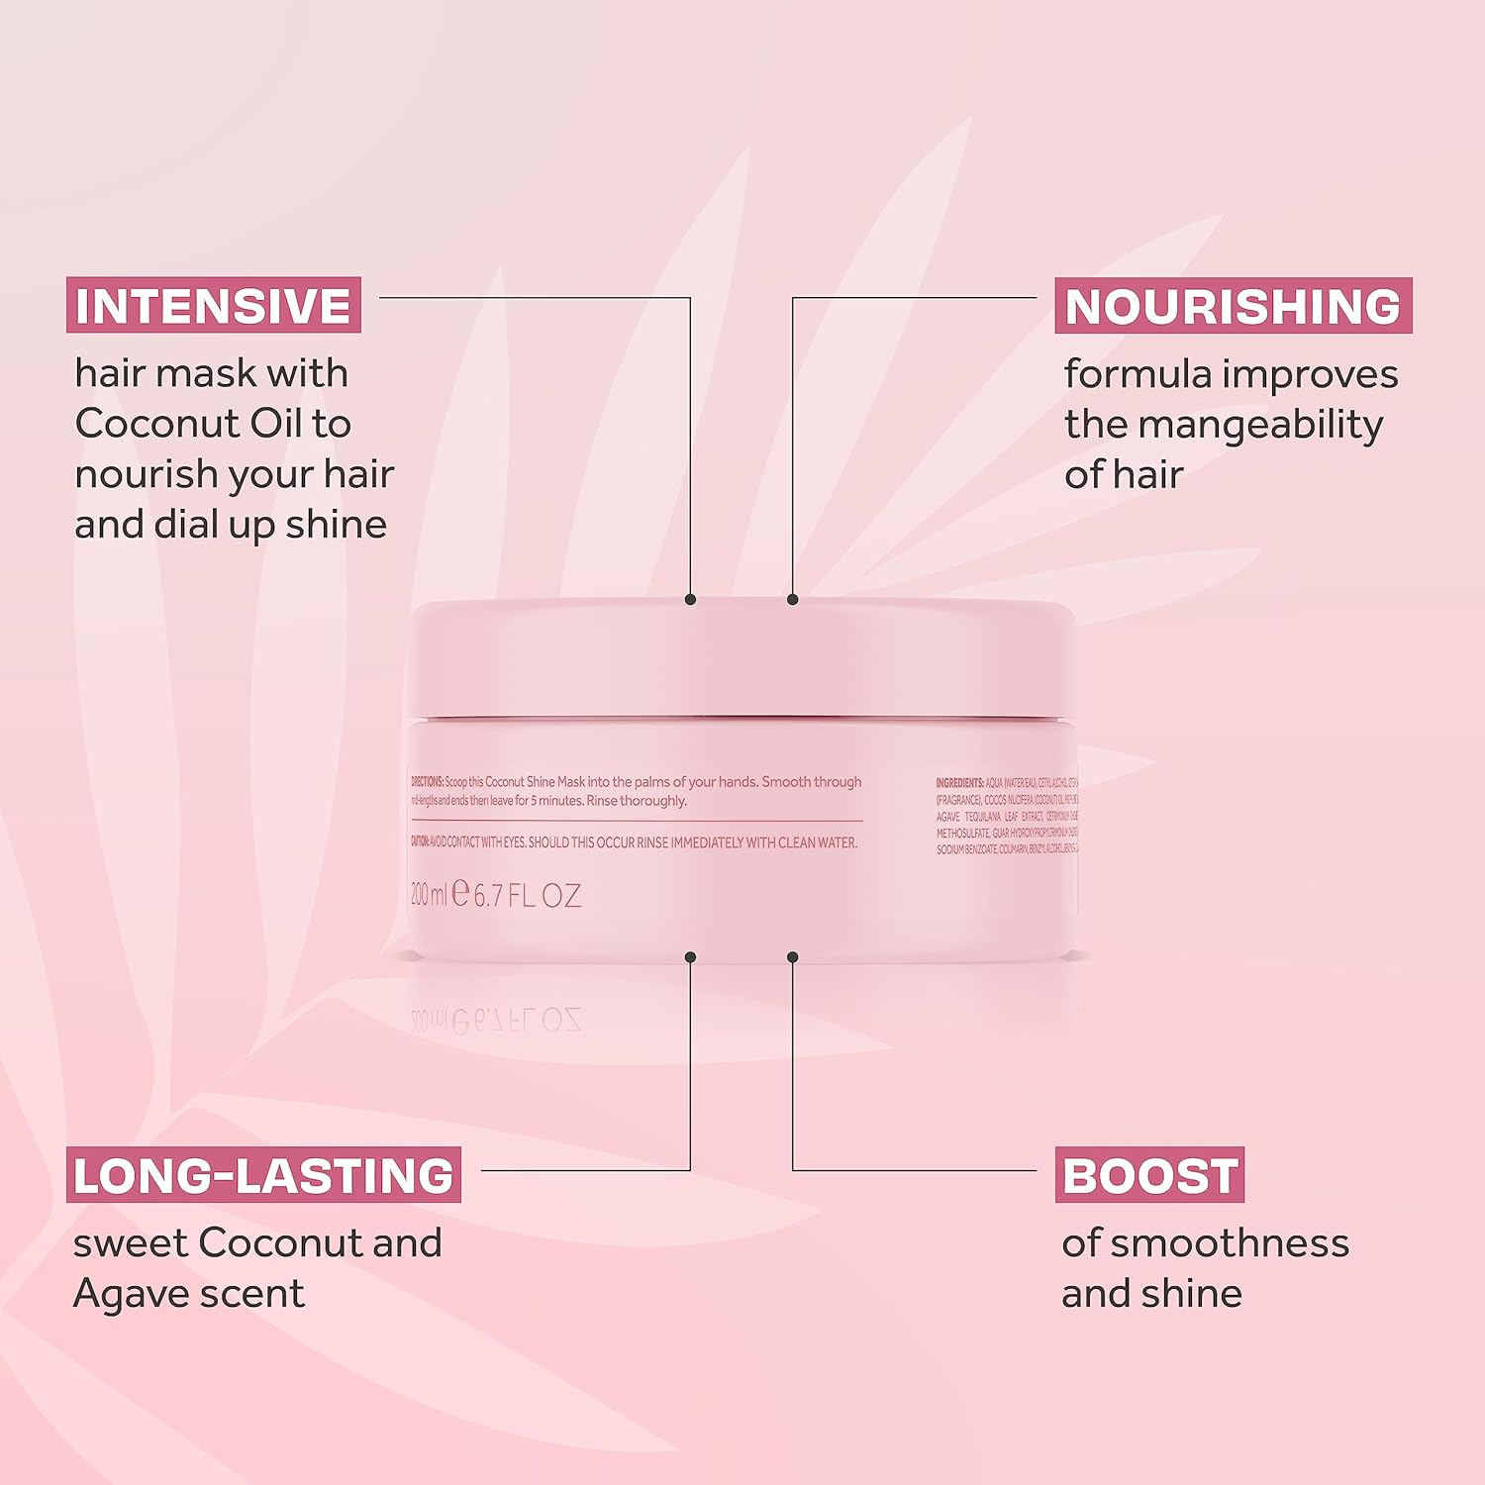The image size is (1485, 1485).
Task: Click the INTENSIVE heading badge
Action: coord(213,306)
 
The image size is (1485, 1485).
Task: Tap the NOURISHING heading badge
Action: coord(1233,306)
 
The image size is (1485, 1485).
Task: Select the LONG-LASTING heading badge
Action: coord(263,1175)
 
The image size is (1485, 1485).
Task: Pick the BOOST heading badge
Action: coord(1149,1175)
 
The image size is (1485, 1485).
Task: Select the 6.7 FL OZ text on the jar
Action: coord(528,896)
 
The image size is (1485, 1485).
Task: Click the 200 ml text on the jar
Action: coord(429,895)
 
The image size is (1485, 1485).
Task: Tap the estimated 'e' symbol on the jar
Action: coord(460,893)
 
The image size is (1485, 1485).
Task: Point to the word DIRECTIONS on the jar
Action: coord(427,782)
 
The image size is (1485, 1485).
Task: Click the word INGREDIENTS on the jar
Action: coord(959,783)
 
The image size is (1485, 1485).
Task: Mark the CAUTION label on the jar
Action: coord(420,842)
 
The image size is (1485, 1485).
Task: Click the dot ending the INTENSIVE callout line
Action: coord(690,600)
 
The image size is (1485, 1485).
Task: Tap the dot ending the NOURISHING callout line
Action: coord(792,600)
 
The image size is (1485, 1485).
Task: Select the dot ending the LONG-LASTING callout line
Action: coord(690,957)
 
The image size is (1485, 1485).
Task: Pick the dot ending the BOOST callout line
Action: coord(792,957)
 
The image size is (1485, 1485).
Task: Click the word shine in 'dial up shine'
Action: coord(336,525)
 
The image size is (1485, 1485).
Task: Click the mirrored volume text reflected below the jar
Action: coord(496,1020)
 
